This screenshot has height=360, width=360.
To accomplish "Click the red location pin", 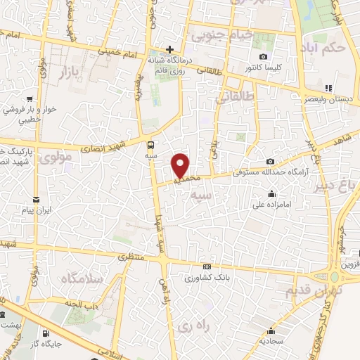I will tap(181, 165).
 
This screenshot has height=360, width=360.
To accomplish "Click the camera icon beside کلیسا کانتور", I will tap(263, 57).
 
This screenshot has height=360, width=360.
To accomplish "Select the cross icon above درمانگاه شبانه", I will tap(169, 49).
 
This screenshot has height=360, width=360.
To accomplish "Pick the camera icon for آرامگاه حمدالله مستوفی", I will tap(270, 161).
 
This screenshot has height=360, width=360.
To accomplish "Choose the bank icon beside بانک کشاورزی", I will tap(207, 267).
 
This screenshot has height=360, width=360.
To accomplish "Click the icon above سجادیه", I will tap(272, 330).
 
